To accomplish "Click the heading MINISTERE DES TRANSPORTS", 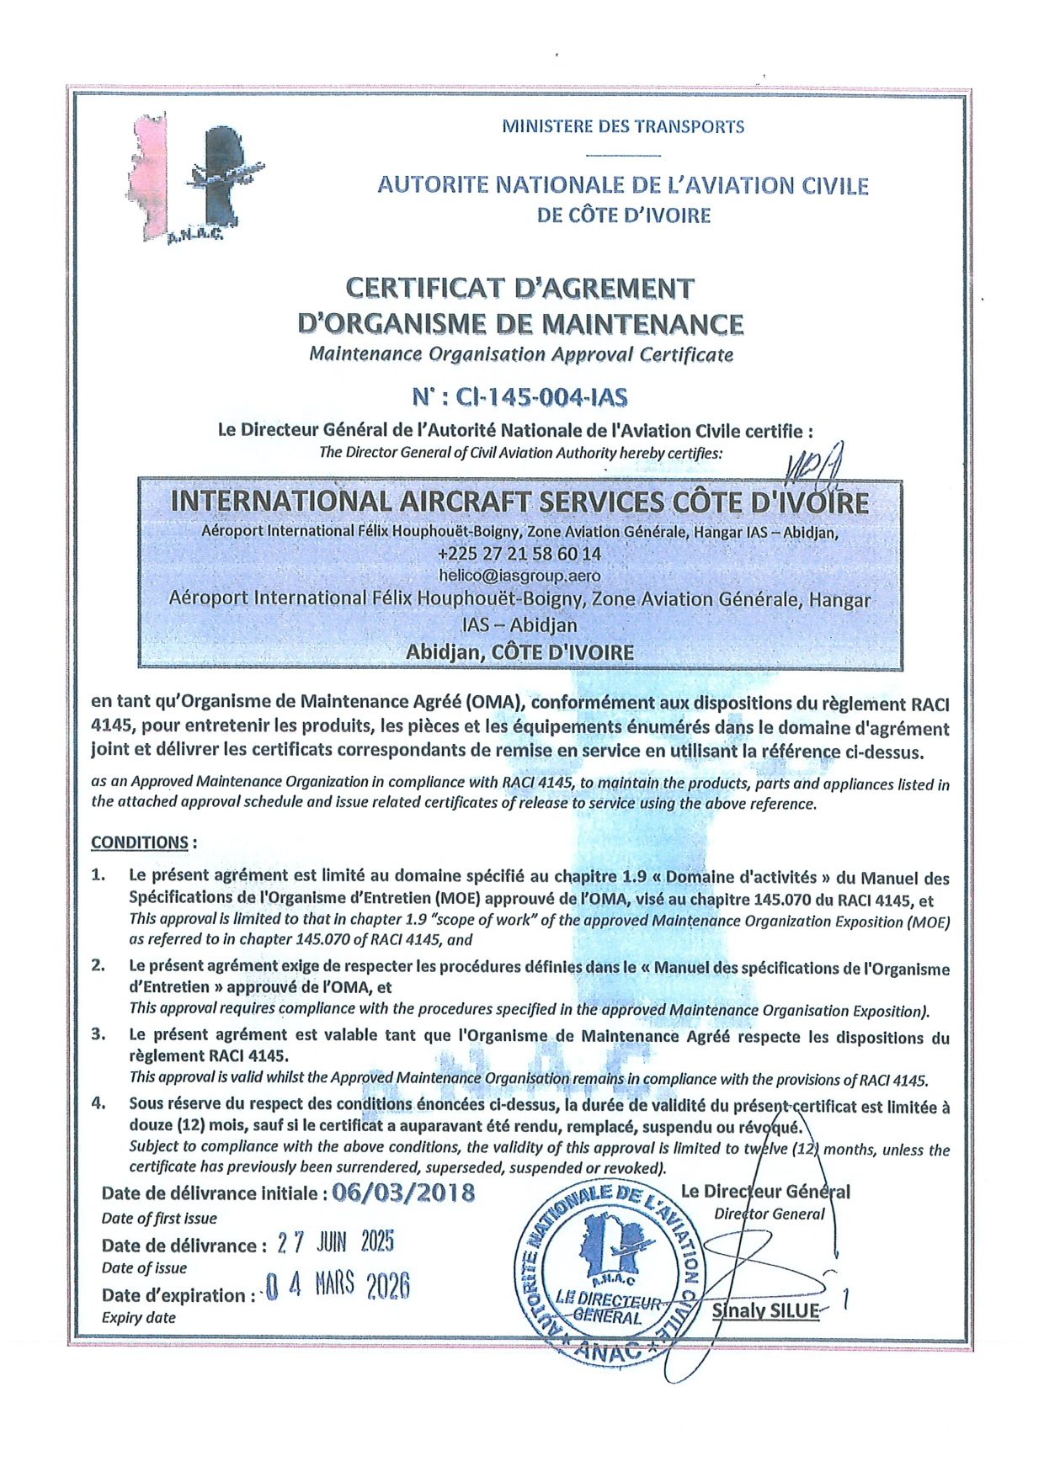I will coord(623,127).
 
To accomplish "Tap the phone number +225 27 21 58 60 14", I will coord(519,554).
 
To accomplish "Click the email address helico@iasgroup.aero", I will coord(519,576).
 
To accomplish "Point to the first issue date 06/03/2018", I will coord(403,1193).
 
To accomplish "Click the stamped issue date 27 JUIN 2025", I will coord(335,1242).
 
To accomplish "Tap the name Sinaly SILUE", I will coord(765,1310).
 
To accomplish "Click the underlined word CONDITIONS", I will coord(140,842).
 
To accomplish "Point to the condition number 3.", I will coord(99,1034).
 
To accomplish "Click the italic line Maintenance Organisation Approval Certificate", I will coord(520,354).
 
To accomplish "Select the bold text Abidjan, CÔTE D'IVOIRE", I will coord(519,652).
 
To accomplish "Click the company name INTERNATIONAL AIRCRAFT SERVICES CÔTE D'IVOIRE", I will coord(519,502).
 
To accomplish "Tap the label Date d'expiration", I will coord(175,1295).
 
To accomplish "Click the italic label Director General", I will coord(769,1214).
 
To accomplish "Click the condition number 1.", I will coord(99,875).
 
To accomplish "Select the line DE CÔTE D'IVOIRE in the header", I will coord(623,215).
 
